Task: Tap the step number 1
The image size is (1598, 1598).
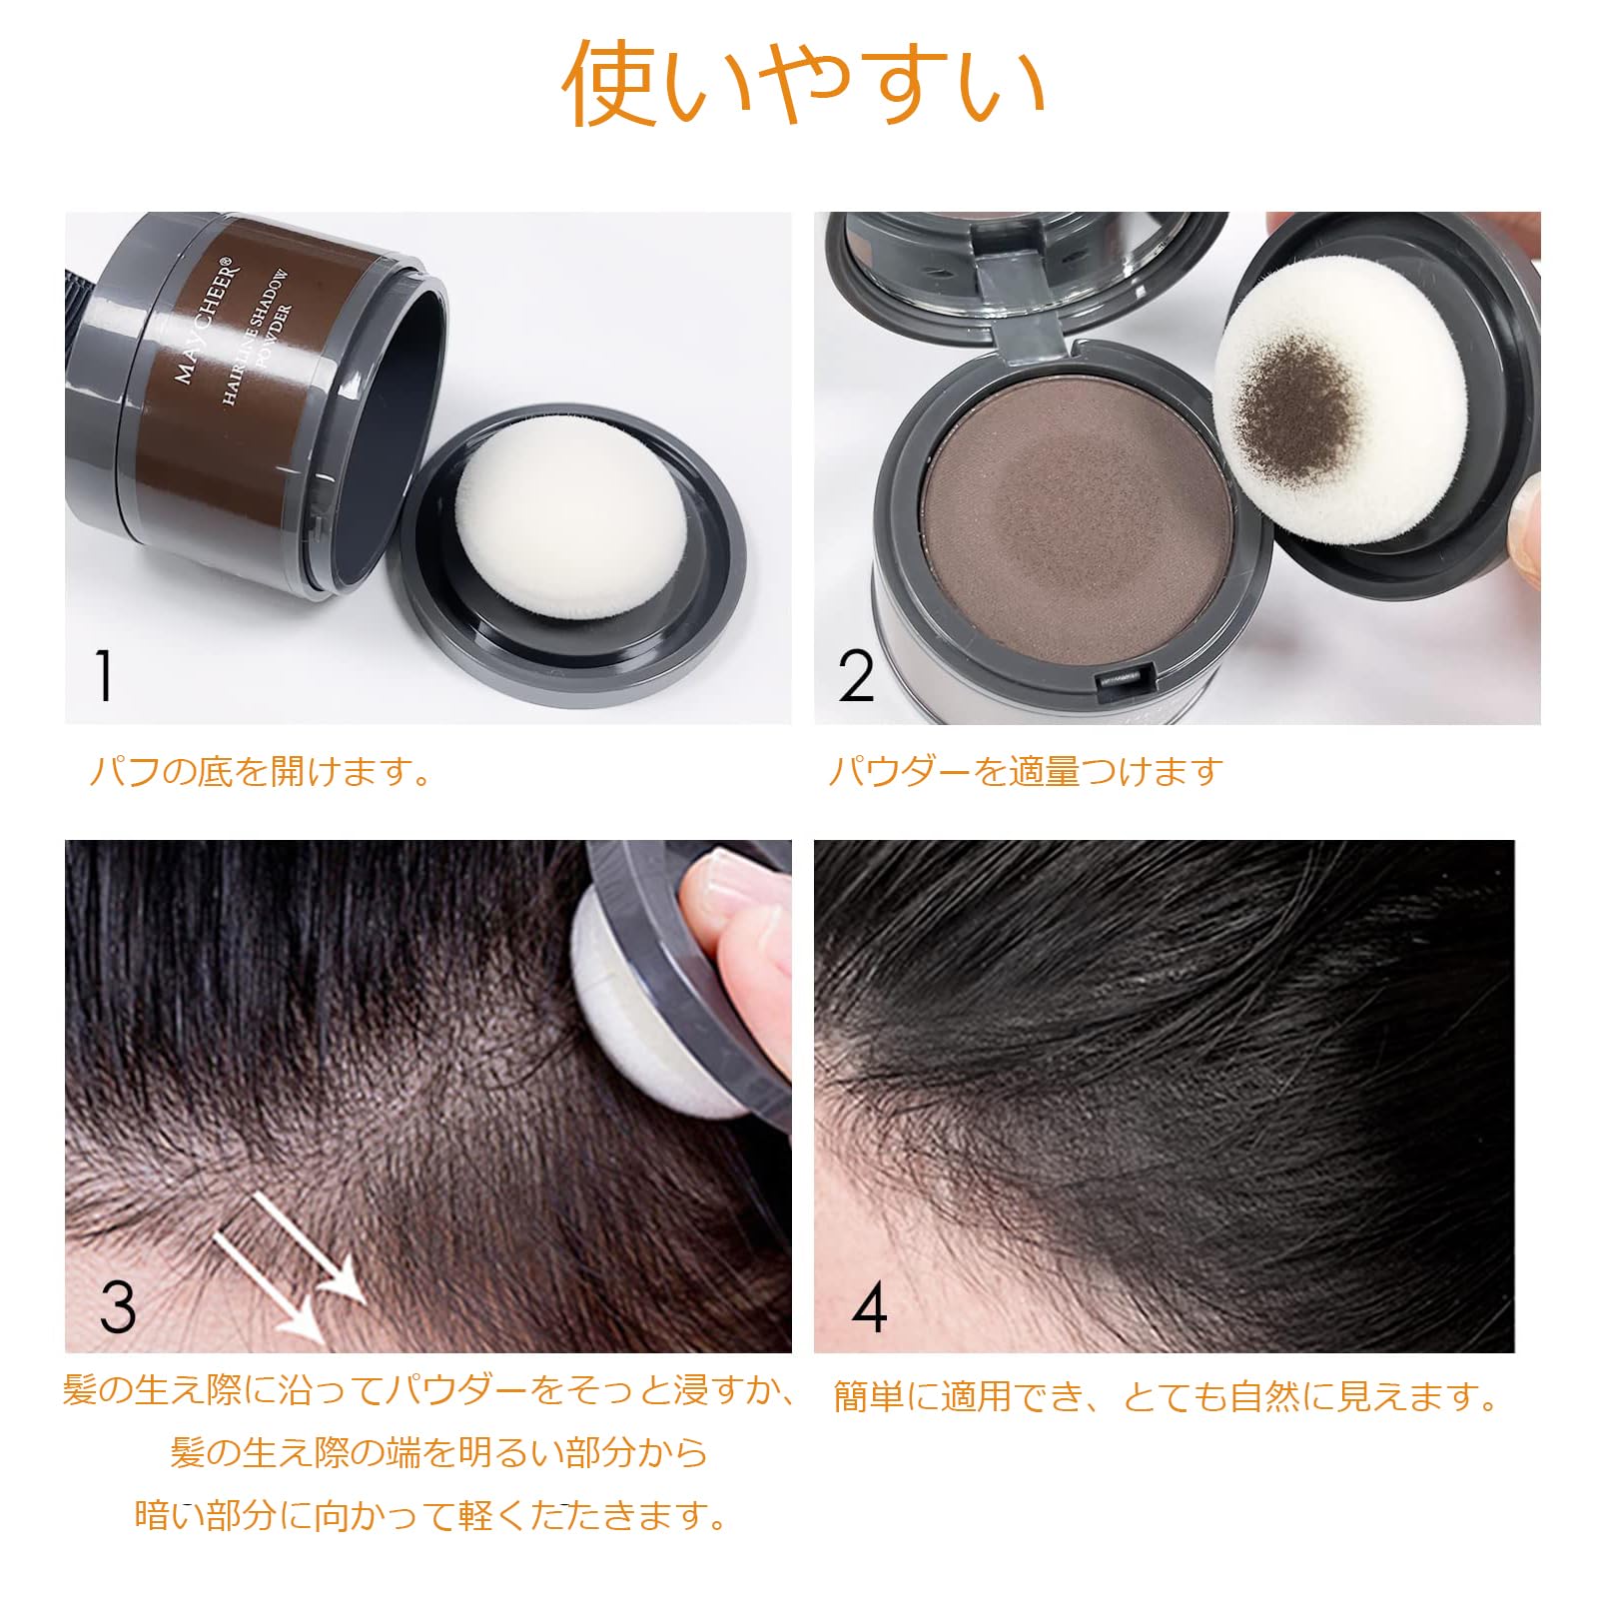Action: [x=103, y=676]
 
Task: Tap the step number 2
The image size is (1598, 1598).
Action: [x=856, y=677]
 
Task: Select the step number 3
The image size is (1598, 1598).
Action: [x=118, y=1305]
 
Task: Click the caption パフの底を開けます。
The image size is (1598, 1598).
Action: [x=260, y=771]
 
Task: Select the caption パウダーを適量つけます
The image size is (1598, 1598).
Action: [x=1026, y=771]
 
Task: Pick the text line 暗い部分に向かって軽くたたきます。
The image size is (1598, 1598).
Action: [x=431, y=1515]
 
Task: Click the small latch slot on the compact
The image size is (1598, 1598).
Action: [x=1119, y=679]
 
